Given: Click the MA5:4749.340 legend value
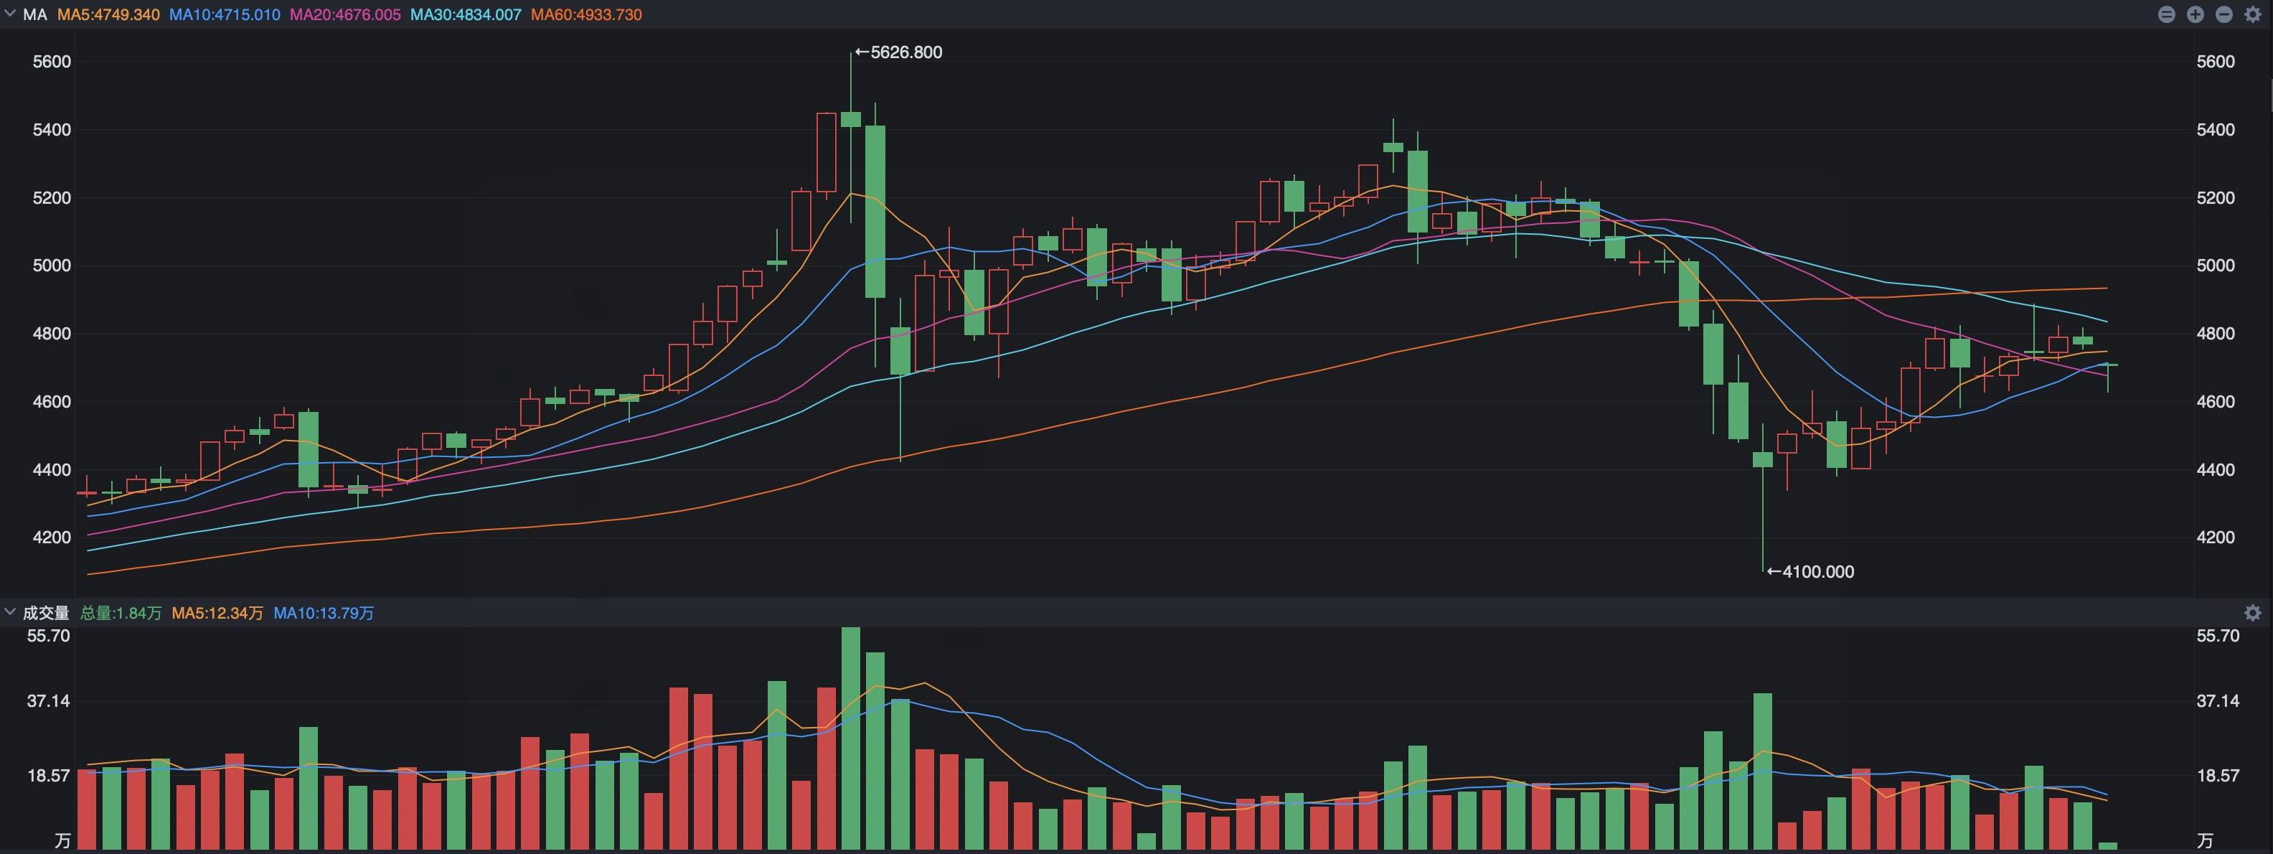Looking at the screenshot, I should pos(108,15).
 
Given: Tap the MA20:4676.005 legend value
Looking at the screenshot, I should pos(345,15).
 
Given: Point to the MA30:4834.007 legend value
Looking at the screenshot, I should pos(466,15).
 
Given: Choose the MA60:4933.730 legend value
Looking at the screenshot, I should pos(587,15).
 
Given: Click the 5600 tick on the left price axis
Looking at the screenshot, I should pos(51,62).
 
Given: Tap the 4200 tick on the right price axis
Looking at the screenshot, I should pos(2216,538).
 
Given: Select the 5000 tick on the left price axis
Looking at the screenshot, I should pos(51,266).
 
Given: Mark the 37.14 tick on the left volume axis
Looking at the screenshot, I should pos(49,701).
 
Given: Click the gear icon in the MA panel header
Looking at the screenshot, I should pos(2253,15).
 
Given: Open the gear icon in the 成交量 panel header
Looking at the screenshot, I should pos(2253,613).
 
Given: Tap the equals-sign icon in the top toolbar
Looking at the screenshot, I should pos(2166,15).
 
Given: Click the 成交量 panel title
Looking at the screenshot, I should pos(46,613).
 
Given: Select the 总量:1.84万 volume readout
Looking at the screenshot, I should pos(121,613).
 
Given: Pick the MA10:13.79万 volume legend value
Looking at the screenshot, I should pos(324,613).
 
